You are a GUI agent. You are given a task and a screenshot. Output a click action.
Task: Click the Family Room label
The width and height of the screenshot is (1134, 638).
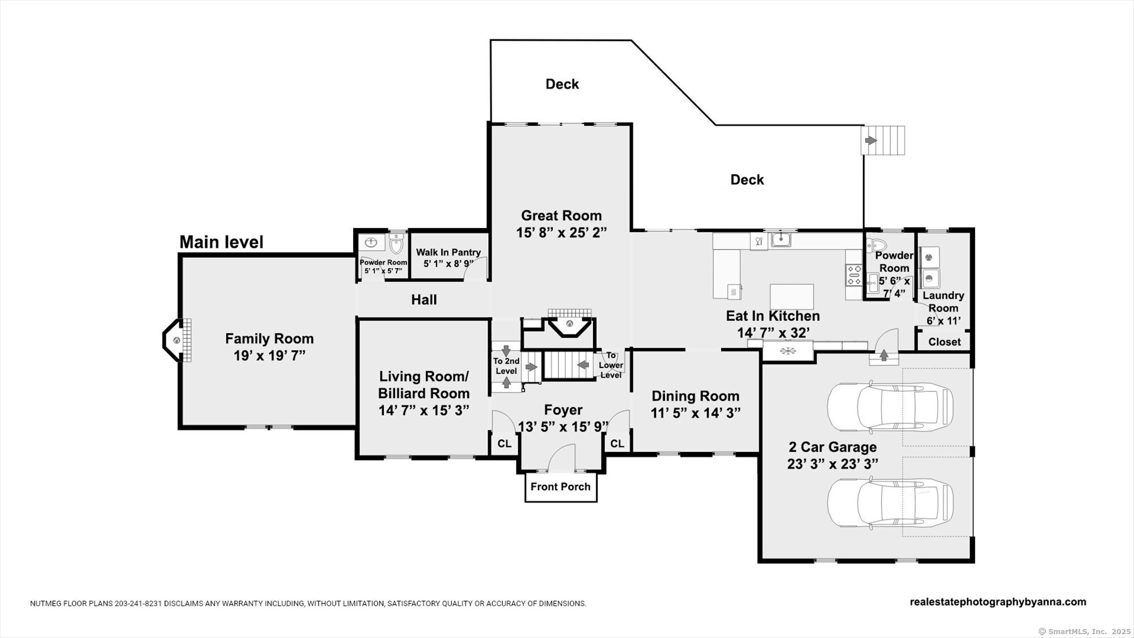[x=269, y=339]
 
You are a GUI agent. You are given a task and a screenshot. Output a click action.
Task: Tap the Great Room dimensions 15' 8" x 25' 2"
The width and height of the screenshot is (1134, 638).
[x=561, y=233]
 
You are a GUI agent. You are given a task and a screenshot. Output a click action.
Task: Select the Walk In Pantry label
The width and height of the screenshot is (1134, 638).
[x=448, y=252]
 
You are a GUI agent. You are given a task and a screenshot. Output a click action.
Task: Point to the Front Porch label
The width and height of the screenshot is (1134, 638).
[x=560, y=487]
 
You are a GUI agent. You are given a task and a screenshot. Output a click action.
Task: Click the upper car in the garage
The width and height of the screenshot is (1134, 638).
[x=890, y=407]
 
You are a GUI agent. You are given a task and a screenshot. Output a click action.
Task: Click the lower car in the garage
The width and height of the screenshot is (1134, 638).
[x=890, y=503]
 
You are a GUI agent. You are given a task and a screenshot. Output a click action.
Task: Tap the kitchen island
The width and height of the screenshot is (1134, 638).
[x=792, y=297]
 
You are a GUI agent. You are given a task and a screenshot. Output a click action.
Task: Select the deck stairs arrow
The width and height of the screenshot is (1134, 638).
[x=870, y=140]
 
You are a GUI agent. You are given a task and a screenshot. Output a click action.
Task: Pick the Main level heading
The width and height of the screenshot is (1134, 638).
[x=222, y=242]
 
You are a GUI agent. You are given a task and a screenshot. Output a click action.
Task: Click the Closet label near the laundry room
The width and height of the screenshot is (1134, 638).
[x=945, y=342]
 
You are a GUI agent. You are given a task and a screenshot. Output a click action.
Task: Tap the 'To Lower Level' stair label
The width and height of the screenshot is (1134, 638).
[x=611, y=365]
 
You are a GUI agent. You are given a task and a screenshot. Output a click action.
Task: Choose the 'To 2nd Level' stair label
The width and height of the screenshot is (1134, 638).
[x=506, y=366]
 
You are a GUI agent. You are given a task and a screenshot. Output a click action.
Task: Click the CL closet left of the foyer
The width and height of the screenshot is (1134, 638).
[x=505, y=443]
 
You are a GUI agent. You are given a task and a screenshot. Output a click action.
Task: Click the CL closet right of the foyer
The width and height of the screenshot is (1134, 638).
[x=617, y=443]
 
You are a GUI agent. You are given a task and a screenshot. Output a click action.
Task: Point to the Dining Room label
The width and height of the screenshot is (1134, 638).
[x=696, y=396]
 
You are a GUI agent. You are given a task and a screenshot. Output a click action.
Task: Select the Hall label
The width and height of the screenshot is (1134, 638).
[x=424, y=299]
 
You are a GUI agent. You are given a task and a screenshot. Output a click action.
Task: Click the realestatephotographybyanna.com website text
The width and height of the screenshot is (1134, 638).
[x=998, y=602]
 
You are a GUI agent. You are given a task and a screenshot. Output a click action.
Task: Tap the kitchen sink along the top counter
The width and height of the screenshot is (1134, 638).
[x=781, y=240]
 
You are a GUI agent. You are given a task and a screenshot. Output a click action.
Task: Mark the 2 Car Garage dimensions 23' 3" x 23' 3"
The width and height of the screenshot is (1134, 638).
[x=833, y=464]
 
